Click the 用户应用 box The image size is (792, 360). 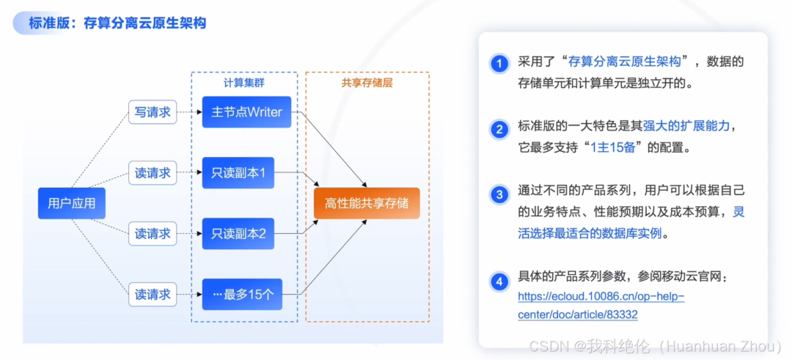tap(71, 203)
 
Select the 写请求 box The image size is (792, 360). tap(153, 112)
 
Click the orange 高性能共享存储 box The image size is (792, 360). tap(367, 203)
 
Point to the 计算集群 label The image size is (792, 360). tap(243, 83)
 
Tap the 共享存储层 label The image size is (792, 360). tap(367, 83)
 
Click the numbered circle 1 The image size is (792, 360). tap(499, 63)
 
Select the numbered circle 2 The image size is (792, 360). tap(499, 130)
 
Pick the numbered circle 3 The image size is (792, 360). tap(499, 194)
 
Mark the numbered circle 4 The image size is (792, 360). tap(499, 281)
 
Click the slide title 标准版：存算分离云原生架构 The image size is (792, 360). tap(117, 23)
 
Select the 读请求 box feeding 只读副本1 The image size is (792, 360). tap(153, 173)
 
